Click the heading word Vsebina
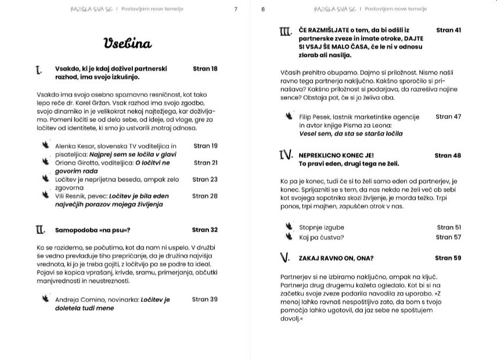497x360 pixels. pyautogui.click(x=127, y=44)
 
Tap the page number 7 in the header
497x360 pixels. pyautogui.click(x=235, y=9)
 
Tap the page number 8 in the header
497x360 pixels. pyautogui.click(x=263, y=9)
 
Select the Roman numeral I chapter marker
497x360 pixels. pyautogui.click(x=38, y=70)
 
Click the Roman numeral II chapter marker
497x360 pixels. pyautogui.click(x=40, y=230)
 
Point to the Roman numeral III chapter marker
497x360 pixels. pyautogui.click(x=285, y=31)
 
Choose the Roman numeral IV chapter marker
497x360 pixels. pyautogui.click(x=286, y=155)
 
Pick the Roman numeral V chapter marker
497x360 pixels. pyautogui.click(x=284, y=257)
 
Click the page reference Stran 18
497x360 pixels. pyautogui.click(x=205, y=69)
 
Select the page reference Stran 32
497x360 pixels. pyautogui.click(x=205, y=230)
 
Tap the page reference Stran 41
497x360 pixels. pyautogui.click(x=448, y=30)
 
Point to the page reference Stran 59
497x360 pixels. pyautogui.click(x=448, y=258)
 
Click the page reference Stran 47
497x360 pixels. pyautogui.click(x=448, y=117)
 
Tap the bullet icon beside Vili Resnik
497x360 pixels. pyautogui.click(x=45, y=195)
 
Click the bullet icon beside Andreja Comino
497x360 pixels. pyautogui.click(x=45, y=298)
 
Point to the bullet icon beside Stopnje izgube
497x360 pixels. pyautogui.click(x=289, y=226)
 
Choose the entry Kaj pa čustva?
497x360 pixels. pyautogui.click(x=321, y=237)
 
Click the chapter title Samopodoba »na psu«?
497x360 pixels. pyautogui.click(x=92, y=230)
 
